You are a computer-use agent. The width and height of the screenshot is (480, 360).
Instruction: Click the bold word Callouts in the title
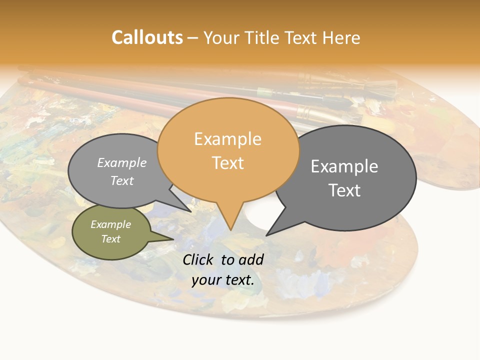[x=147, y=37]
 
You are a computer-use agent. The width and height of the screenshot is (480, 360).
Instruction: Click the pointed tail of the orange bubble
[x=230, y=222]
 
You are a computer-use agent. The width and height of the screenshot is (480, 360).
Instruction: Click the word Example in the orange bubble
[x=227, y=139]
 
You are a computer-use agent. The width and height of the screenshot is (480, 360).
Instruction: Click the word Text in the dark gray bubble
[x=344, y=190]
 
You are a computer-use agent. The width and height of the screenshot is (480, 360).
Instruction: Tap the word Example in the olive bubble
[x=111, y=224]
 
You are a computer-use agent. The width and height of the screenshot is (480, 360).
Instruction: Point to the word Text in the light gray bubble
[x=122, y=180]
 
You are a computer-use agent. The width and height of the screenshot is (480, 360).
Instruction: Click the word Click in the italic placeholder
[x=198, y=259]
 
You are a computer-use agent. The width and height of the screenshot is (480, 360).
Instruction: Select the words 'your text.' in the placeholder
[x=223, y=280]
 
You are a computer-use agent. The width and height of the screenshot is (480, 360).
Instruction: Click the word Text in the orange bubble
[x=228, y=163]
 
